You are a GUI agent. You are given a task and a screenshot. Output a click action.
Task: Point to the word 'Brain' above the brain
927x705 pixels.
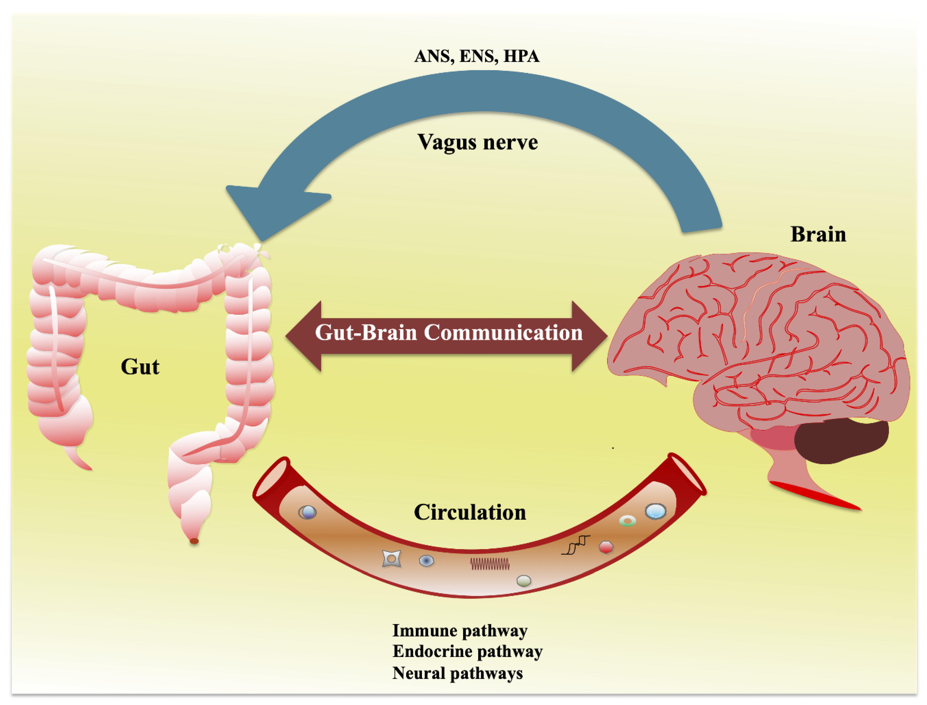pos(818,234)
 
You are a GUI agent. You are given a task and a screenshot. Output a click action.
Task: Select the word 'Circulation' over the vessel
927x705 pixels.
pos(470,512)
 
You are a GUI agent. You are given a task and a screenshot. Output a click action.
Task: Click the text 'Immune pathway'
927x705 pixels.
pos(460,630)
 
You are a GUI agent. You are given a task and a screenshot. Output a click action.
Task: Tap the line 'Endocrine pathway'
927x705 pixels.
pos(467,651)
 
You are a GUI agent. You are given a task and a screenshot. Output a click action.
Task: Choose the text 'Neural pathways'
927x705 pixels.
pos(458,673)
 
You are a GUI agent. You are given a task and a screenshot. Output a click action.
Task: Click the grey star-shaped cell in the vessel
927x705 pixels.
pos(391,559)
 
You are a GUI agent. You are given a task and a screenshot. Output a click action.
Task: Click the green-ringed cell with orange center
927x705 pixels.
pos(627,521)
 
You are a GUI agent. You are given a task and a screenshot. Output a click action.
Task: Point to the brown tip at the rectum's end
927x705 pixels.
pos(194,541)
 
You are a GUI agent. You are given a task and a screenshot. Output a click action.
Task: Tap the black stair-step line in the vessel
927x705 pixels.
pos(576,545)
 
